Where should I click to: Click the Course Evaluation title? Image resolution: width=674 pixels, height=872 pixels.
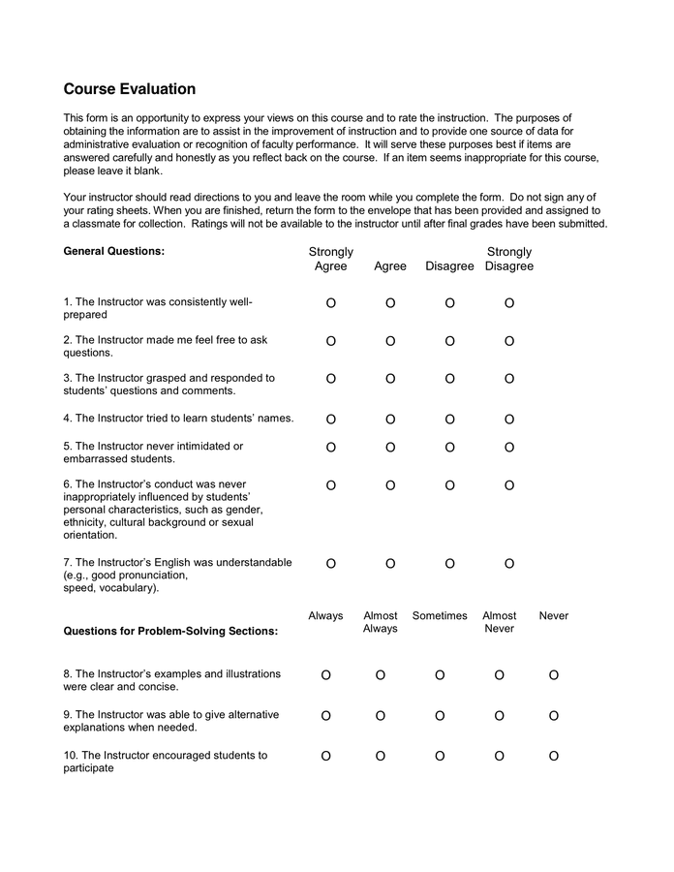coord(130,89)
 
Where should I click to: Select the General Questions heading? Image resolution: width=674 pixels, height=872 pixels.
coord(113,251)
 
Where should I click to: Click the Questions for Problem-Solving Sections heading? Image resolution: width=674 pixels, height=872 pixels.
coord(170,631)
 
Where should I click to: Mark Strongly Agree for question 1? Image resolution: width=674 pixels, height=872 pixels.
coord(331,303)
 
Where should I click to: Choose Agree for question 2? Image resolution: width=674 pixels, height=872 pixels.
coord(390,341)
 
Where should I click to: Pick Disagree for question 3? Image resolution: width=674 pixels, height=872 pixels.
coord(450,379)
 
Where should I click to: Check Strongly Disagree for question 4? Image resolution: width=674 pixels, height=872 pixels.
coord(509,420)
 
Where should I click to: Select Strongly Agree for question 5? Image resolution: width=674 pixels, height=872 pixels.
coord(331,448)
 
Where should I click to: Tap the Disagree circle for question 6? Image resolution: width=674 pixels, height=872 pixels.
coord(450,485)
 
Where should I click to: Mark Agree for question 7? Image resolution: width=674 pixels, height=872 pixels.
coord(390,564)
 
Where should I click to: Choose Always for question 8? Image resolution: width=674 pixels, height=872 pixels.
coord(325,675)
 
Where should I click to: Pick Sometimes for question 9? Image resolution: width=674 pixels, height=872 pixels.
coord(440,716)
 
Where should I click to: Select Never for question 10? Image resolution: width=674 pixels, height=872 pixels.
coord(554,757)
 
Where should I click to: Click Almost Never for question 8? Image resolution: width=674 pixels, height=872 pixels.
coord(500,675)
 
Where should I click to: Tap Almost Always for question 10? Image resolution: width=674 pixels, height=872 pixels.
coord(380,757)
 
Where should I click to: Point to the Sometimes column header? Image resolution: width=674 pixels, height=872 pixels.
coord(440,615)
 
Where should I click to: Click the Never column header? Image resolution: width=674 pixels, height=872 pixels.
coord(554,615)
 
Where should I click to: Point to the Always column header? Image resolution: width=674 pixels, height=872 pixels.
coord(325,615)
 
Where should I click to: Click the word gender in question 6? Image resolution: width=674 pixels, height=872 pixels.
coord(246,510)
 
